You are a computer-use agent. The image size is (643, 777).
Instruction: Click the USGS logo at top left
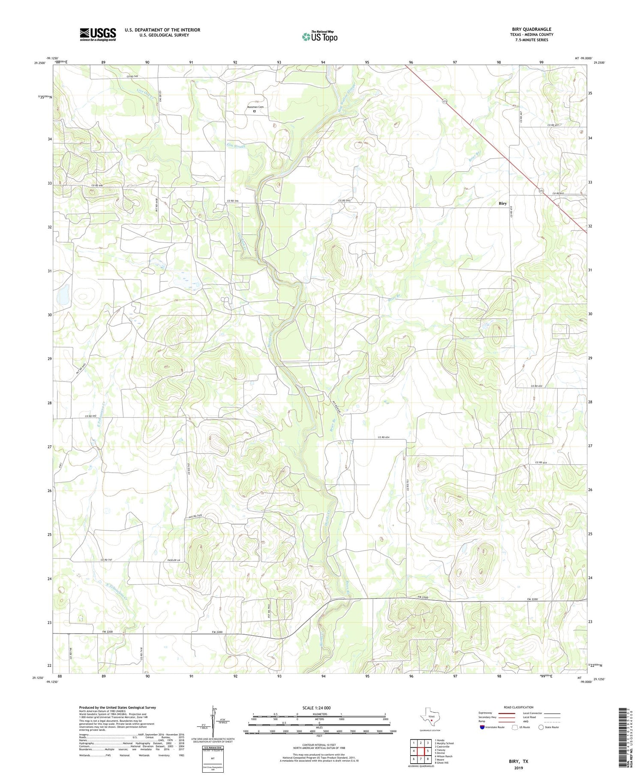pyautogui.click(x=98, y=34)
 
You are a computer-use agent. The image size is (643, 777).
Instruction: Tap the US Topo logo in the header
pyautogui.click(x=319, y=37)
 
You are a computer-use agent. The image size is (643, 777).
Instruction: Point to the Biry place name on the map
pyautogui.click(x=502, y=204)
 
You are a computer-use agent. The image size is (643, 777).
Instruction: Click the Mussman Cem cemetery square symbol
pyautogui.click(x=254, y=111)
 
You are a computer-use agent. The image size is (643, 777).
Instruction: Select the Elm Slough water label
pyautogui.click(x=236, y=146)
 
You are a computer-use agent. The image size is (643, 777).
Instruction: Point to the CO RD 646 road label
pyautogui.click(x=97, y=186)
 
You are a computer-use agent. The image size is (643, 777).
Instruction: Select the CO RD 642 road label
pyautogui.click(x=90, y=416)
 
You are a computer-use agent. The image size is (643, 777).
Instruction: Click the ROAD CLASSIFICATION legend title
pyautogui.click(x=519, y=707)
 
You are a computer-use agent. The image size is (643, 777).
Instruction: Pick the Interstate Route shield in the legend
pyautogui.click(x=482, y=727)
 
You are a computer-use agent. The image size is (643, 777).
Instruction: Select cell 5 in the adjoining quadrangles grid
pyautogui.click(x=428, y=751)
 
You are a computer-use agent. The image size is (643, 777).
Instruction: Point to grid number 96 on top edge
pyautogui.click(x=411, y=63)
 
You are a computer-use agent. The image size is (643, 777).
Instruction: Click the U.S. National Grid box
pyautogui.click(x=213, y=758)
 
